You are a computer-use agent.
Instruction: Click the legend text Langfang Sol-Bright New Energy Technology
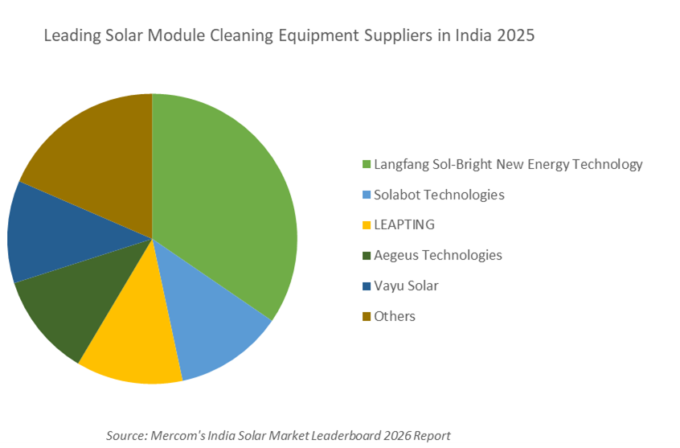pyautogui.click(x=508, y=164)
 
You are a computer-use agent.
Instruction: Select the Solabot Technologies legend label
pyautogui.click(x=439, y=195)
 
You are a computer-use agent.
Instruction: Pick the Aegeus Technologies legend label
pyautogui.click(x=437, y=255)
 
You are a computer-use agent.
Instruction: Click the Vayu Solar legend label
pyautogui.click(x=406, y=286)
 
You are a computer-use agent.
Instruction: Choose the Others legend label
pyautogui.click(x=394, y=316)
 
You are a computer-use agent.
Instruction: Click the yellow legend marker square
pyautogui.click(x=367, y=226)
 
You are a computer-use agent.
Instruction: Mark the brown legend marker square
pyautogui.click(x=367, y=317)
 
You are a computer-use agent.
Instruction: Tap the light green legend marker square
pyautogui.click(x=367, y=165)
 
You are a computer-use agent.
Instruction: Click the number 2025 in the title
pyautogui.click(x=514, y=36)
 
